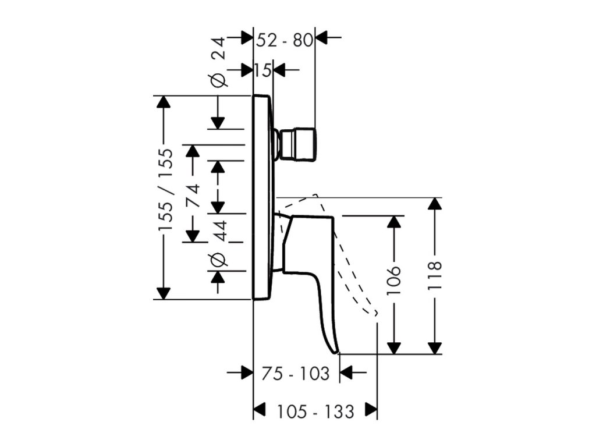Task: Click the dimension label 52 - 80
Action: click(284, 40)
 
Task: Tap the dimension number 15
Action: click(263, 70)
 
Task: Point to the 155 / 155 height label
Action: click(166, 190)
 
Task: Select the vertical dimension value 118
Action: click(434, 275)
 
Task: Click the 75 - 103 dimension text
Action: click(295, 374)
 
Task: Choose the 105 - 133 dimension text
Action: click(315, 411)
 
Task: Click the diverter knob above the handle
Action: click(297, 144)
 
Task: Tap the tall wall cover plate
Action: click(262, 197)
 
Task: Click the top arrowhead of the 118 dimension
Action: click(434, 204)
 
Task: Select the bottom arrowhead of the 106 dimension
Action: click(394, 347)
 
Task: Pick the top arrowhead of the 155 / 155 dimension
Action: click(164, 102)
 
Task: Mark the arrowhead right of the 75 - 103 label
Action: click(346, 372)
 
